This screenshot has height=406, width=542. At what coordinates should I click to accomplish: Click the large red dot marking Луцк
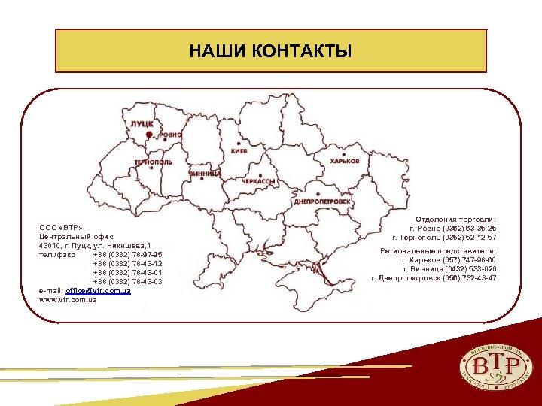click(150, 134)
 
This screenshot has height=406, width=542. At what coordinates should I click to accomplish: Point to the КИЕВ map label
click(239, 151)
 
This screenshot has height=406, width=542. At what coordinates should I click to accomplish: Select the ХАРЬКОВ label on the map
click(345, 161)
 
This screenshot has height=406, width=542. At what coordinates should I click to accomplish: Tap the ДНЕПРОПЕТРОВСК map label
click(322, 201)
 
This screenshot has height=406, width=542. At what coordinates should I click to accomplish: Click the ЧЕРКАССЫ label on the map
click(258, 182)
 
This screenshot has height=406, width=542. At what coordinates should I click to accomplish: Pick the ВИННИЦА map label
click(204, 173)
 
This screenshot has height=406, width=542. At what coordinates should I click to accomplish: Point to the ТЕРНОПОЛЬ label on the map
click(153, 162)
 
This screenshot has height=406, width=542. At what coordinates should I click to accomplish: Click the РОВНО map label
click(170, 134)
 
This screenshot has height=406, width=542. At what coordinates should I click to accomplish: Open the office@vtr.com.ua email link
click(99, 291)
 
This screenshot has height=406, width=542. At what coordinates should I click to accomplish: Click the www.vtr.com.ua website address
click(68, 300)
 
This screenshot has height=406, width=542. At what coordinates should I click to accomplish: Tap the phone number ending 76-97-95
click(127, 254)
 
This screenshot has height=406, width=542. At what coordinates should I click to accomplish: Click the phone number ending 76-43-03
click(127, 282)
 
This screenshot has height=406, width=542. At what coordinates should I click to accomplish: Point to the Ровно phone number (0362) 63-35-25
click(452, 228)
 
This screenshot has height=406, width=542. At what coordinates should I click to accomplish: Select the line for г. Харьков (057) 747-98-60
click(449, 259)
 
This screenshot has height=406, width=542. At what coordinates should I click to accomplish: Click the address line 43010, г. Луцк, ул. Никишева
click(96, 245)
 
